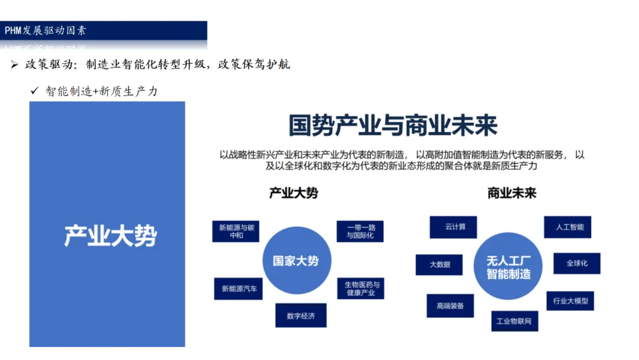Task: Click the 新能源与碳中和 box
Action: (236, 231)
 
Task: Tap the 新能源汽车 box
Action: (238, 288)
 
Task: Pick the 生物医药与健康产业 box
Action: (363, 288)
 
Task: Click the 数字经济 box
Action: (301, 316)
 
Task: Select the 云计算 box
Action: (453, 227)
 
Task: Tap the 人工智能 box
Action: (567, 227)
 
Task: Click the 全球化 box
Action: (576, 263)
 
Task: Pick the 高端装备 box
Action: (450, 306)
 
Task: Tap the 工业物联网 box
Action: (514, 321)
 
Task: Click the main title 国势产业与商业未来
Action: (393, 126)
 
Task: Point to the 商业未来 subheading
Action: (512, 193)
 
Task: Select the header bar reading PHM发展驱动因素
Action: (104, 31)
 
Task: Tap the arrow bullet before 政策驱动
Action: (15, 65)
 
